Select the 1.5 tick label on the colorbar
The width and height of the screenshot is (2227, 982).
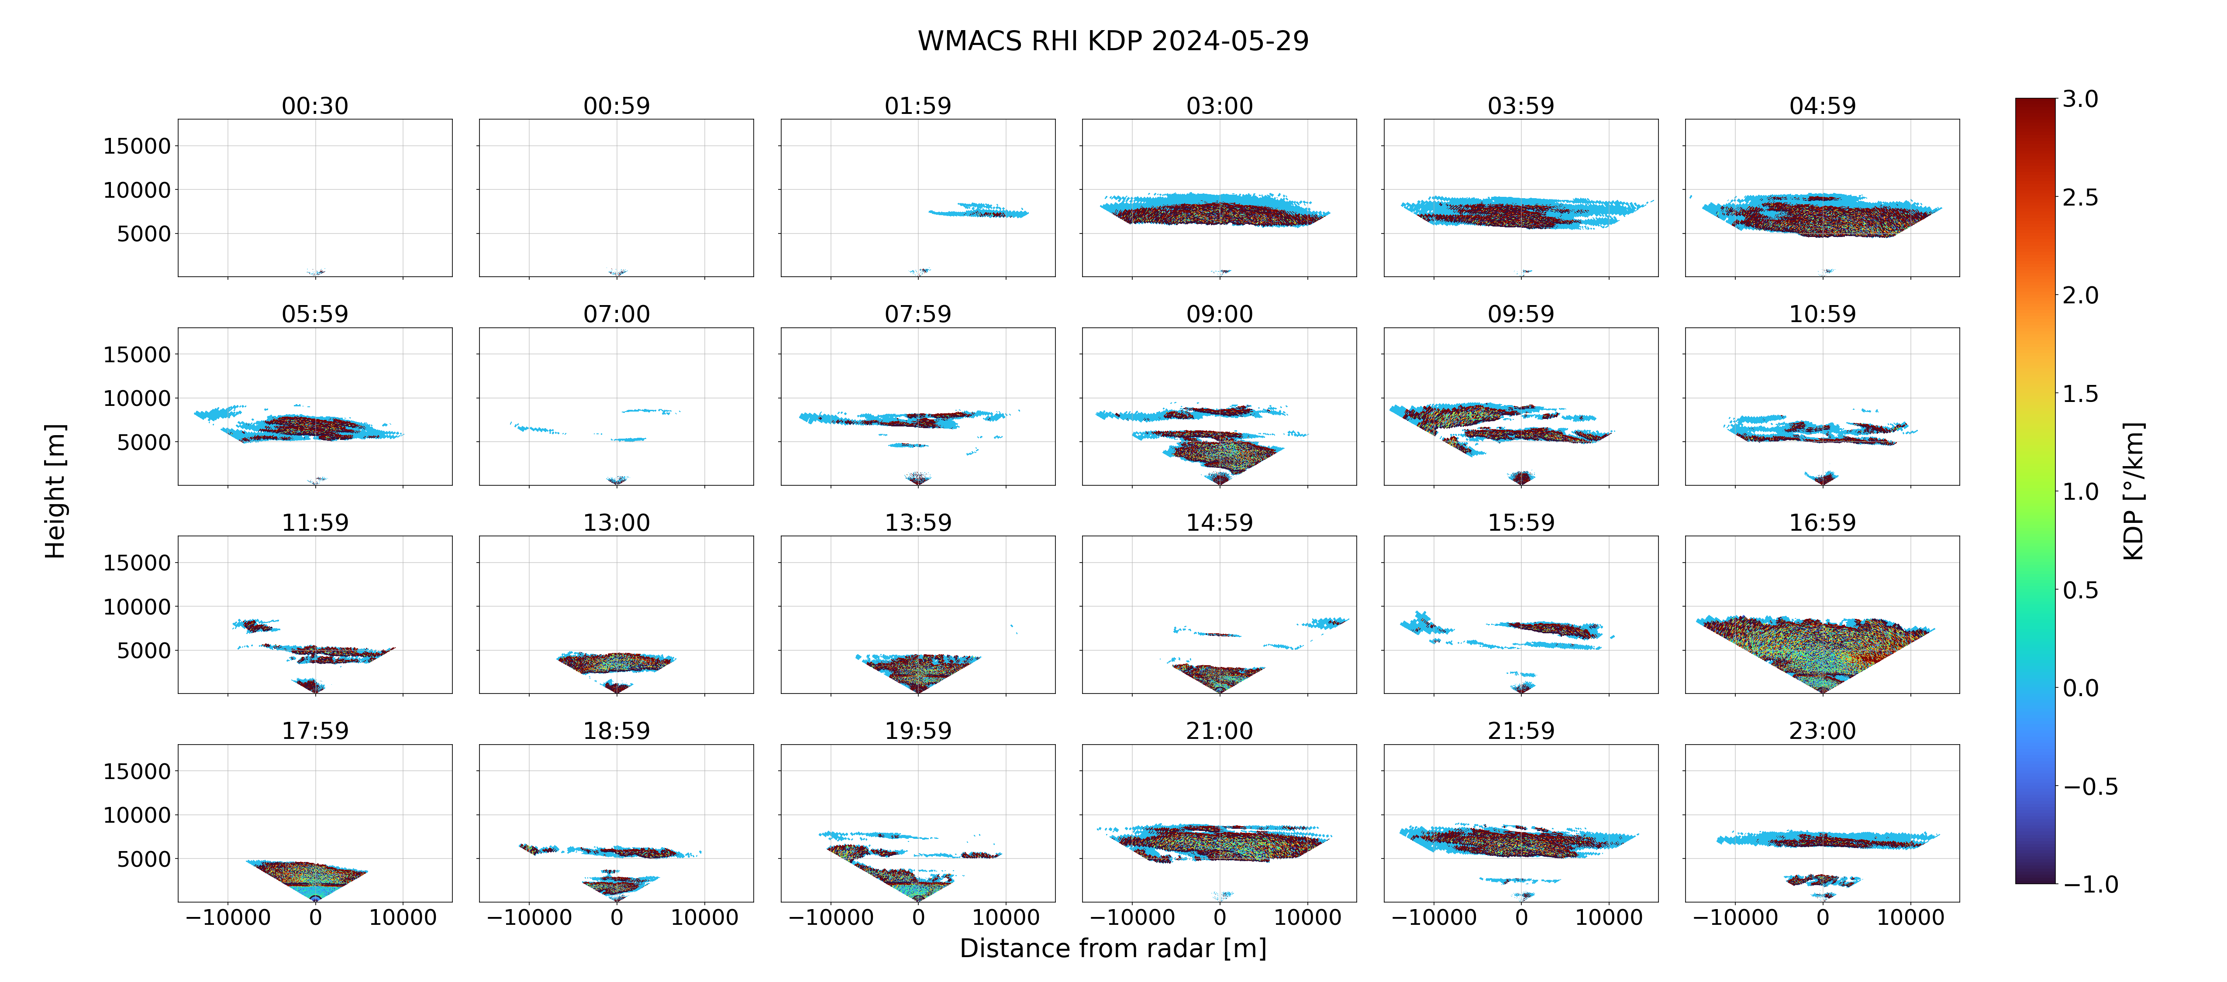2080,393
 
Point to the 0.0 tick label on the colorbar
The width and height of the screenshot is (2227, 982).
2080,688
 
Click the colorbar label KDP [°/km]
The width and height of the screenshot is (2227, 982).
2134,491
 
